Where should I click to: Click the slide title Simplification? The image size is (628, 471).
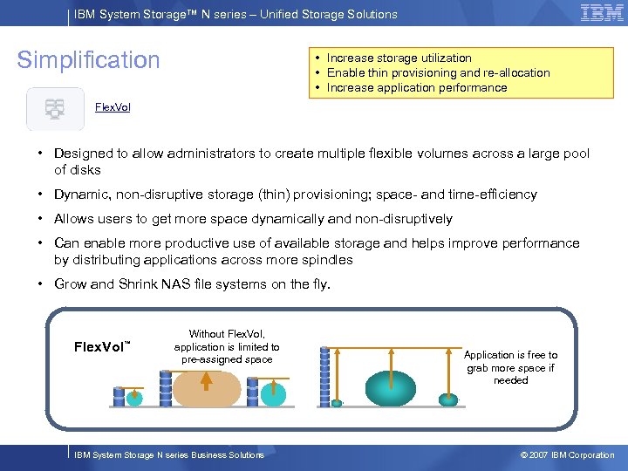pos(89,60)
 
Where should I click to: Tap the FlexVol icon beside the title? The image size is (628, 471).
pos(55,109)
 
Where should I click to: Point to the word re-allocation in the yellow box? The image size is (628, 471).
pos(517,72)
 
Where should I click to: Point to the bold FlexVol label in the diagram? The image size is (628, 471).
pos(99,347)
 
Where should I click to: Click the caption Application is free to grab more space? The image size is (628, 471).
pos(510,367)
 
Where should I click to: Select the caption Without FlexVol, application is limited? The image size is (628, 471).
pos(227,346)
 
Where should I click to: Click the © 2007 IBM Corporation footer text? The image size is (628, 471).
pos(567,455)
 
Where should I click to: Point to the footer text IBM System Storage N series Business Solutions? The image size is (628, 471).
pos(169,455)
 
